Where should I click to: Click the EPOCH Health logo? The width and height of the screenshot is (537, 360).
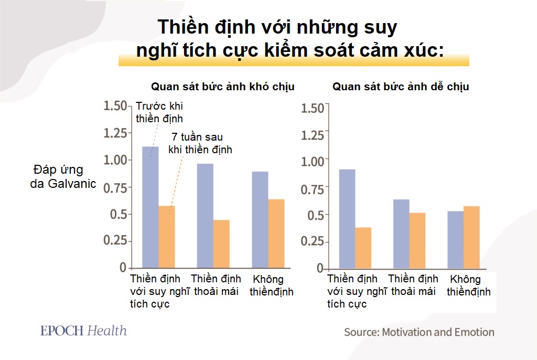[83, 331]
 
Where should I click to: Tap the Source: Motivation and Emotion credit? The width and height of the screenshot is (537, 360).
[419, 332]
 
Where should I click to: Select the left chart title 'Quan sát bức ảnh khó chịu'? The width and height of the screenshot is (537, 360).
[223, 87]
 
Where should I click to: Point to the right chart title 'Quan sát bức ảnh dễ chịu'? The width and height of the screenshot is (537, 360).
[401, 87]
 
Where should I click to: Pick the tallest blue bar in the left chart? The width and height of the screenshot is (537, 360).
[151, 207]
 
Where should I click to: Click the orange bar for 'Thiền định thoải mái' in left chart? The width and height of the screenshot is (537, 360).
[221, 243]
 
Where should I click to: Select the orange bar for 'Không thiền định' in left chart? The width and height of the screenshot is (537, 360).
[276, 233]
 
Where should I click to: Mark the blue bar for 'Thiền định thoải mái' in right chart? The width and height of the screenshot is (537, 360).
[401, 234]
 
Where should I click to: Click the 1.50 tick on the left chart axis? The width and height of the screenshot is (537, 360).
[115, 105]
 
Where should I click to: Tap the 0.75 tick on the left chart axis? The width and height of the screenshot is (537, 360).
[115, 187]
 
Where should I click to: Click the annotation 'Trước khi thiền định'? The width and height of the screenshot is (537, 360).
[159, 111]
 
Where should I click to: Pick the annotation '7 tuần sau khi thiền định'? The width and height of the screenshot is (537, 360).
[200, 143]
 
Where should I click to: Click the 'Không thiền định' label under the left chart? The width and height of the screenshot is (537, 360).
[271, 285]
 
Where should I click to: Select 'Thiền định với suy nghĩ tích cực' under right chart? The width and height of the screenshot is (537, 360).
[357, 291]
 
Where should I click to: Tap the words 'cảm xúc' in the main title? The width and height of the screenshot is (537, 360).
[404, 50]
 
